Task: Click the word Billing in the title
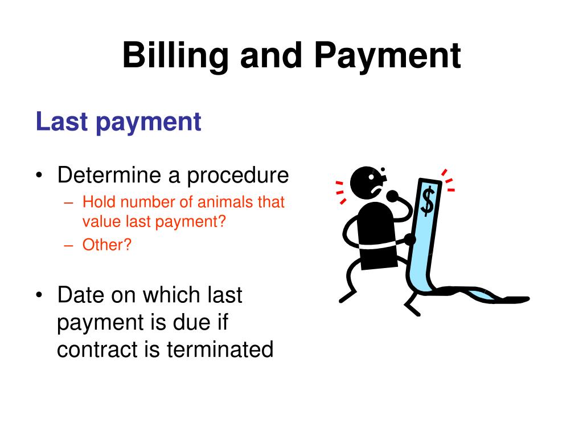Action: [175, 56]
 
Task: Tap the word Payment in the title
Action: [388, 56]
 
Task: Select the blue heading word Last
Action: [61, 121]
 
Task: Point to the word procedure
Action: [237, 176]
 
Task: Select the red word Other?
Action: [107, 245]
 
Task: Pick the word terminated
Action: [220, 350]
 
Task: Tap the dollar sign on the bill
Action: [428, 201]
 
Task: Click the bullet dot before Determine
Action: [39, 175]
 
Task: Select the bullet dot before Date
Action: [39, 295]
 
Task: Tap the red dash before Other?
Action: [68, 245]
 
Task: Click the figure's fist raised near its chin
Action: [392, 195]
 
